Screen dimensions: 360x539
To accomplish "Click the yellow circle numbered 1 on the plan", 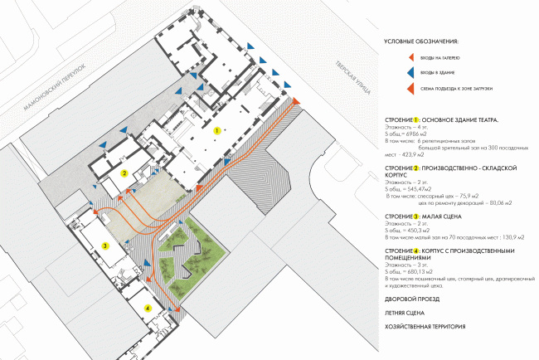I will (x=217, y=130).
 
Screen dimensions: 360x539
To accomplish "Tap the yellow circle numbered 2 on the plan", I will (x=124, y=173).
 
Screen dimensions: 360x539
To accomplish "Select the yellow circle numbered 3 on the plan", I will (x=105, y=245).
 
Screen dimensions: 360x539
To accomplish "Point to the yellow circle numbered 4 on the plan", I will (x=148, y=309).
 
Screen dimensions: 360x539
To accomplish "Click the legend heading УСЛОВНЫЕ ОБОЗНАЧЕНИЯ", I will (x=421, y=41).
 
